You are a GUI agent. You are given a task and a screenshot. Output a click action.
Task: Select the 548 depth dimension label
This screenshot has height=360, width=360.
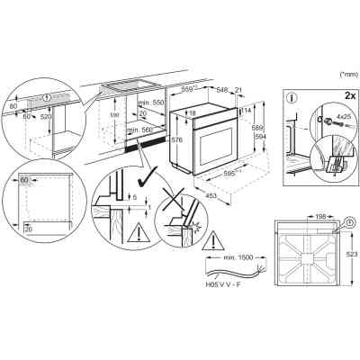pos(220,91)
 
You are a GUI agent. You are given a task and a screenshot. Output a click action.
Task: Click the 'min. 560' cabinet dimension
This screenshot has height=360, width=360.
pos(139,130)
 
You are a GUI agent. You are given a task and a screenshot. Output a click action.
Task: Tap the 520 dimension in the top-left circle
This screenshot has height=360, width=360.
pos(45,117)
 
